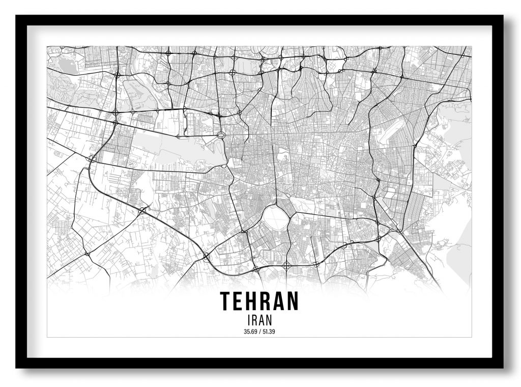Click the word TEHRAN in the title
tap(259, 301)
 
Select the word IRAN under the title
tap(259, 321)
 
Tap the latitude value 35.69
tap(250, 333)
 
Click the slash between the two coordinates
tap(259, 333)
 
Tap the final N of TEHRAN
tap(292, 301)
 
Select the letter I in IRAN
tap(247, 321)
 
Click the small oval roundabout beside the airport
tap(221, 135)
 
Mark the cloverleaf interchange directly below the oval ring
tap(286, 264)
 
